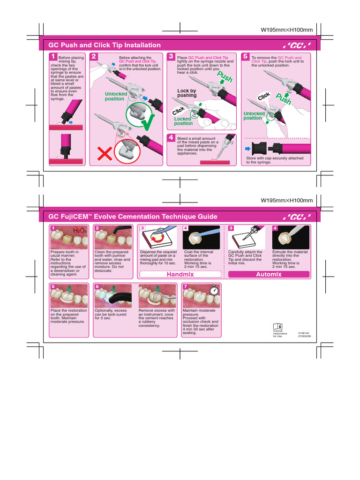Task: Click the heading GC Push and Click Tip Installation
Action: tap(105, 45)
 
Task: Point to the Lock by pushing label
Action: tap(187, 93)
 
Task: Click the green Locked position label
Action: tap(183, 121)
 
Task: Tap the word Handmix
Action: tap(180, 274)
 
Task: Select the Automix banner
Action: tap(268, 274)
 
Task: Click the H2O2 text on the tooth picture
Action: tap(80, 231)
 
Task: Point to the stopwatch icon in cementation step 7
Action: tap(215, 289)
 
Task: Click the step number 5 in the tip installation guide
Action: tap(245, 56)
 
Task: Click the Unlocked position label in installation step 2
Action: tap(115, 97)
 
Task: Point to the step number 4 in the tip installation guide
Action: tap(172, 137)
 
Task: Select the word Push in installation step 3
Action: tap(224, 77)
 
